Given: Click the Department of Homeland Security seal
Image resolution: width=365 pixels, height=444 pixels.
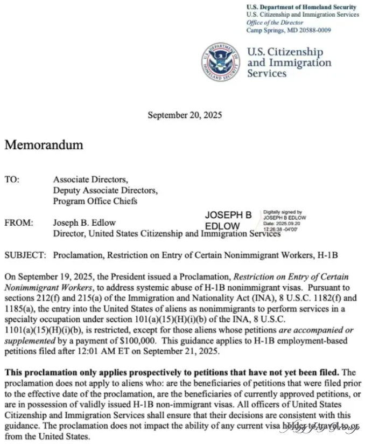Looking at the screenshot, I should (221, 62).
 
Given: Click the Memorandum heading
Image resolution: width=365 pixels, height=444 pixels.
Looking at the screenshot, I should (44, 145).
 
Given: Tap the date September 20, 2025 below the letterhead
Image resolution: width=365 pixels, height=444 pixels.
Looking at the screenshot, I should (185, 115).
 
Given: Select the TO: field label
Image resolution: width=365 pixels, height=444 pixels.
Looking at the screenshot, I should (12, 179).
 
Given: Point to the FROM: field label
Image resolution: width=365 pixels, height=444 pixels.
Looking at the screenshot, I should (19, 223).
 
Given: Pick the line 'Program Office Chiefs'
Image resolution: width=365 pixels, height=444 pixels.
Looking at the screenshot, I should (95, 201).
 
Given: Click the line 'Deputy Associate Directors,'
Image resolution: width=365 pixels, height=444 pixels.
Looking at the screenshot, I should (105, 190).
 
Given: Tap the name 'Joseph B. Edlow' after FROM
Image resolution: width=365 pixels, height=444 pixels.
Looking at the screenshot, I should (84, 223).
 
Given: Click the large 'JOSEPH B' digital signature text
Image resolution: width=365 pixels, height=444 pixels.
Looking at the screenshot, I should (228, 215).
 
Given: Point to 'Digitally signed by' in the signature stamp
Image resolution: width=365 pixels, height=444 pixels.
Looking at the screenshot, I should (282, 212).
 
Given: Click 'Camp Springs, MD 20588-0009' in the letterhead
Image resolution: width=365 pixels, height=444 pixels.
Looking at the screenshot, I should (289, 30).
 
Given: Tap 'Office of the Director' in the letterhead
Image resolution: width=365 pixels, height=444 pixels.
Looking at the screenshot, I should (275, 23).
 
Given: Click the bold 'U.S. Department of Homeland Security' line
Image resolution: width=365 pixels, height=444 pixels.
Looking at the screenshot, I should (301, 7).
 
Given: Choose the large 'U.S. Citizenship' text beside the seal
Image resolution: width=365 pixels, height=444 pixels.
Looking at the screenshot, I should (285, 52).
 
